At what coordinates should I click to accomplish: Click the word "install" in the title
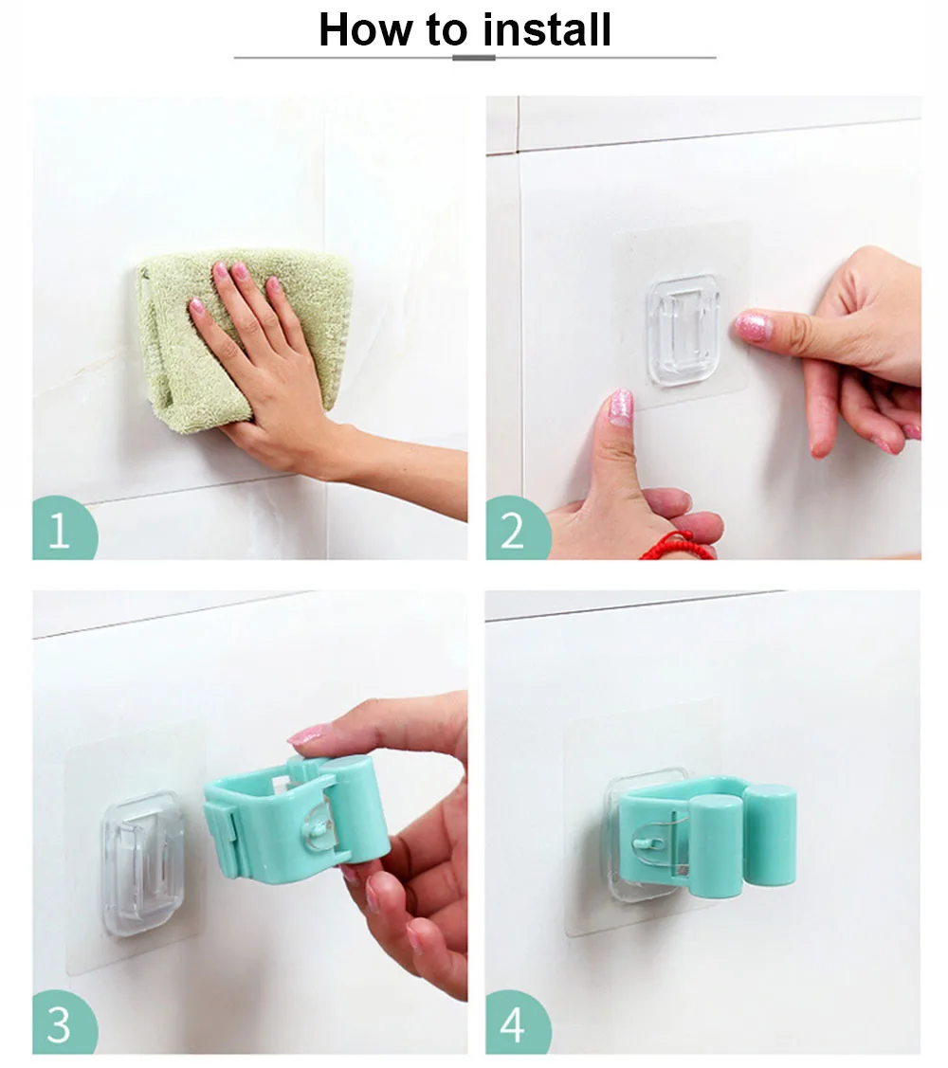547,29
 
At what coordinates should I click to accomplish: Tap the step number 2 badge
515,530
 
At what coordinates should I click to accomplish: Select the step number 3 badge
62,1023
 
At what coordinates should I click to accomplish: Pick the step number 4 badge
515,1023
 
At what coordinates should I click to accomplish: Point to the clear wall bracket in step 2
683,330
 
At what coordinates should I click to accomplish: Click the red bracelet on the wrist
677,548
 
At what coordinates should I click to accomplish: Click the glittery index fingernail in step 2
754,326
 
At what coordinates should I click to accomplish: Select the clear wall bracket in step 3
142,863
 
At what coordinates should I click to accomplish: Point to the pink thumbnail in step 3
309,734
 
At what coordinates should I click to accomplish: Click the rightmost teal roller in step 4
770,835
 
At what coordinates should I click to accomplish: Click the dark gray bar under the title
474,58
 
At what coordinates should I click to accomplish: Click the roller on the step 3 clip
355,808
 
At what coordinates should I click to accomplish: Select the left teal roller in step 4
715,845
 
